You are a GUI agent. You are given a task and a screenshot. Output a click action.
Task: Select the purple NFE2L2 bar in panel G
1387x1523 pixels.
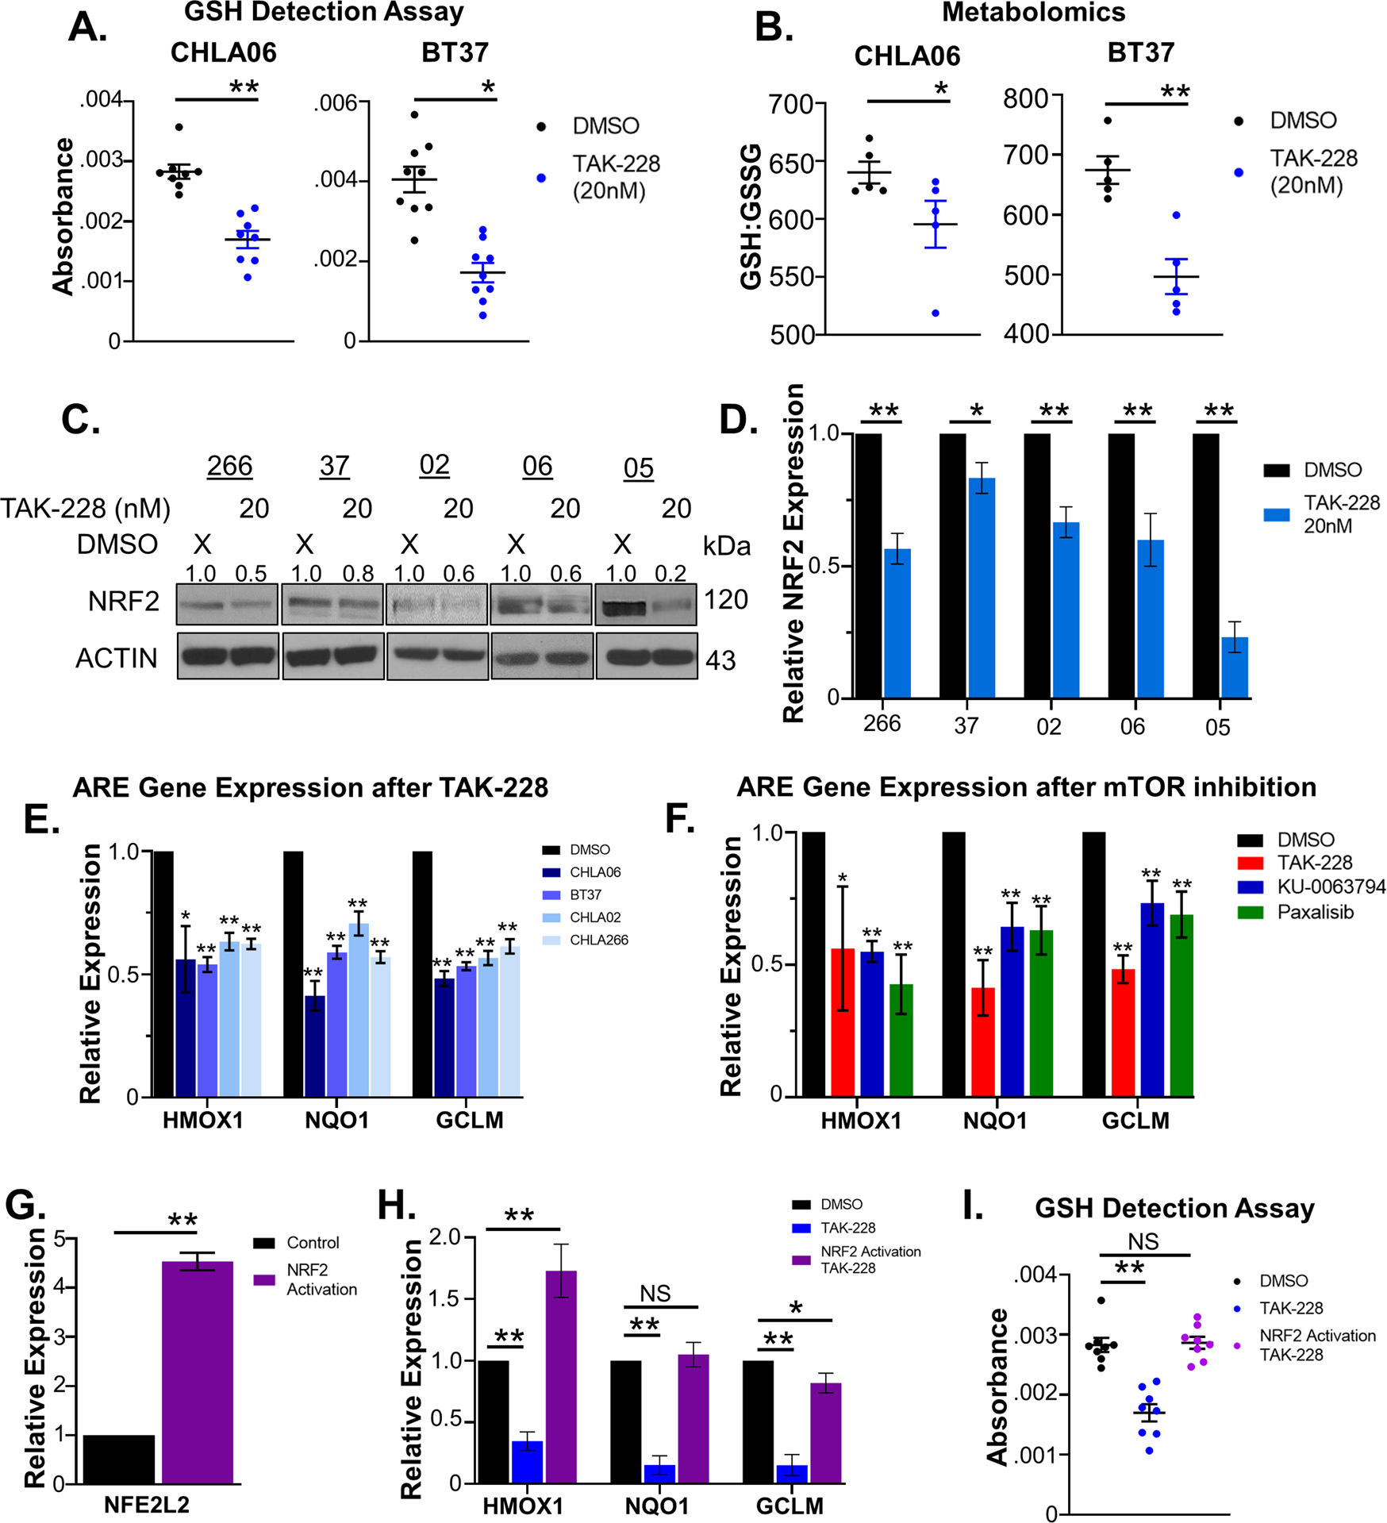197,1372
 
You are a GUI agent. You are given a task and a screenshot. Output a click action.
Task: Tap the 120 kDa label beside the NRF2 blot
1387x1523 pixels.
726,599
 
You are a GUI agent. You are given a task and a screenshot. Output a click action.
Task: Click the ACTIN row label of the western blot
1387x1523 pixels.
117,658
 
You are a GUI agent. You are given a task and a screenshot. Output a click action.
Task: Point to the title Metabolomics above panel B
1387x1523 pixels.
1033,13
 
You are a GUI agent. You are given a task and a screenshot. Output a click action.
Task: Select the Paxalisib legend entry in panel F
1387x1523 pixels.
1315,912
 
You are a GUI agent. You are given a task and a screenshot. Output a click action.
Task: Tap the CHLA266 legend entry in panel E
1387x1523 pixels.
598,940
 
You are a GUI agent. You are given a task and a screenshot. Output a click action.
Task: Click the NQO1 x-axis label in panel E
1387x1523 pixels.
336,1120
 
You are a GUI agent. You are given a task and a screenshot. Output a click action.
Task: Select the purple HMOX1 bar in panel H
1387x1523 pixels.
561,1376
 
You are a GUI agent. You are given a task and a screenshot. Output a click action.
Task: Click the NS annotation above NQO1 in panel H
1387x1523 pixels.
655,1294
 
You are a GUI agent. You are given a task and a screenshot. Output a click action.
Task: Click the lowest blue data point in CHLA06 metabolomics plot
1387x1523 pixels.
936,313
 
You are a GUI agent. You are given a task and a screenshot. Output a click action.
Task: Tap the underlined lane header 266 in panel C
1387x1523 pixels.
229,466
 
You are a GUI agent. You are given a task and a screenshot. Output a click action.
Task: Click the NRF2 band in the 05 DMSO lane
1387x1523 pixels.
621,609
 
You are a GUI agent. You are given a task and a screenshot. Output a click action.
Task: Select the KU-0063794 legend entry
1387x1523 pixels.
1331,886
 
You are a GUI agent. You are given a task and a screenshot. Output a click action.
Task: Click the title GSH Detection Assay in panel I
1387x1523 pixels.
1174,1207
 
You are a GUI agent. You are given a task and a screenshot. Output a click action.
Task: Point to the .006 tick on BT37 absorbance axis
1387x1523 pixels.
341,103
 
